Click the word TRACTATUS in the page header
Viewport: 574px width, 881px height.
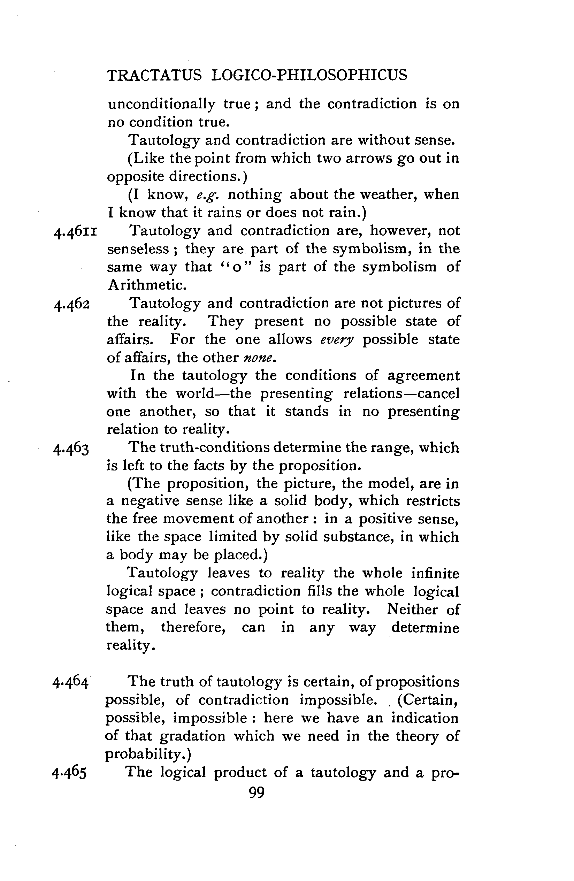pos(154,75)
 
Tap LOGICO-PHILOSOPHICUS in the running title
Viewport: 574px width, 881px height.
pos(309,75)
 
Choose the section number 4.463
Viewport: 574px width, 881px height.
pos(71,449)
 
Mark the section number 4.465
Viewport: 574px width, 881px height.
pos(70,773)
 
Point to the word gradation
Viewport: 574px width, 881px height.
pos(192,736)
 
